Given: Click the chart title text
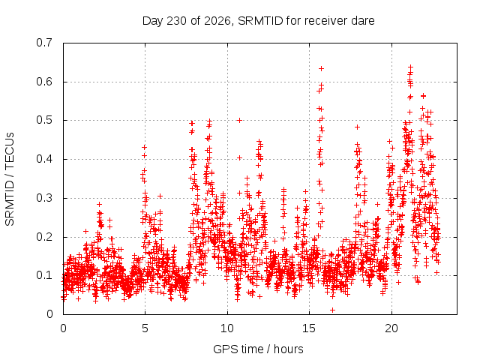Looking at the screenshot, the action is point(258,21).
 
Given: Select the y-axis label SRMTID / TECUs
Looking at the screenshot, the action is point(10,179).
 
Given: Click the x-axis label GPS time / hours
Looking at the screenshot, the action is point(258,349).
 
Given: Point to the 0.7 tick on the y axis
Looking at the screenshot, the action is point(44,43).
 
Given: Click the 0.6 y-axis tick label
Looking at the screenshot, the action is point(44,82).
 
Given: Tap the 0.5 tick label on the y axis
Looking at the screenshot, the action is point(44,120).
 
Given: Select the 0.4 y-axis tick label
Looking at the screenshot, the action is point(44,159).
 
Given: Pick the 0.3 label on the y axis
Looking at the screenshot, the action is point(44,198).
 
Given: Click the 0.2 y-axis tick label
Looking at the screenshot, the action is point(44,237).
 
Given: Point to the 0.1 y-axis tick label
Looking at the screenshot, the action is point(44,275).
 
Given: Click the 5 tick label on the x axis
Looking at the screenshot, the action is point(145,328).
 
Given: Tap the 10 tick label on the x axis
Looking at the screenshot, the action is point(227,328).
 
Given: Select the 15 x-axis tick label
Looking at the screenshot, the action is point(309,328).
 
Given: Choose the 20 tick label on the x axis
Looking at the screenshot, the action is point(391,328).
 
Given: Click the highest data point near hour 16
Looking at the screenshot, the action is point(321,68).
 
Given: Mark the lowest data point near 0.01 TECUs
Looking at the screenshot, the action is point(332,310).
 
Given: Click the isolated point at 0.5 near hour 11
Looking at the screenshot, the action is point(240,120).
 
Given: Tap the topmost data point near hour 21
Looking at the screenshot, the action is point(410,67).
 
